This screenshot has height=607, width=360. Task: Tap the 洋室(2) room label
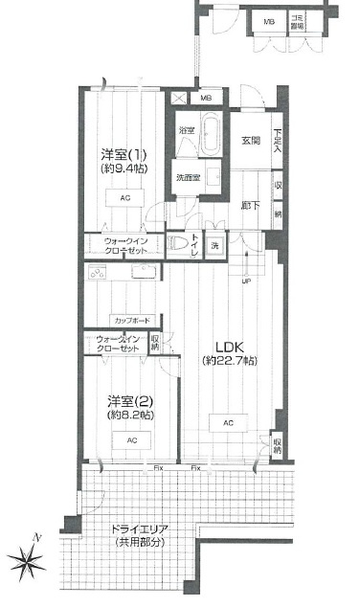pos(130,400)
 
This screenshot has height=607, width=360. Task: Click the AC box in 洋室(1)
pos(125,198)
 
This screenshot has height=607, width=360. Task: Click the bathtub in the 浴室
pos(212,131)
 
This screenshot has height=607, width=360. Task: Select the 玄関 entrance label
pos(250,141)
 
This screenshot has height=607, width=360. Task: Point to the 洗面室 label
pos(188,178)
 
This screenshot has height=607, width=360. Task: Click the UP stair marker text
pos(247,281)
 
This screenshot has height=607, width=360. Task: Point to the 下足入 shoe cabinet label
pos(277,143)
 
